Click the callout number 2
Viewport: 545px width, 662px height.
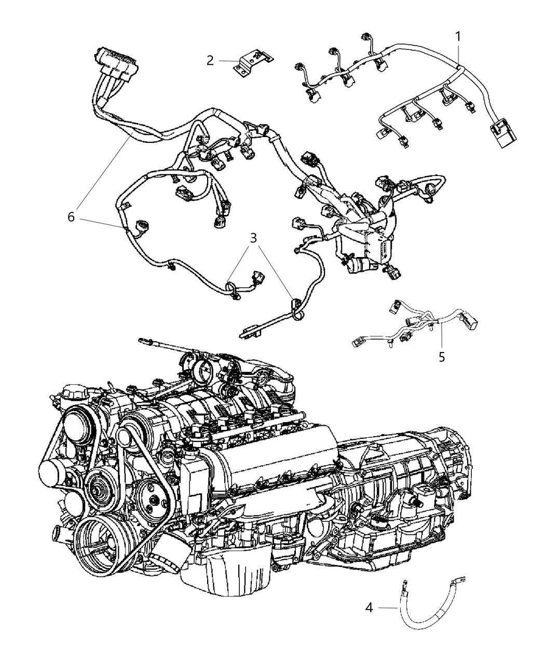coord(210,61)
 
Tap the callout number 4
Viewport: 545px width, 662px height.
coord(369,606)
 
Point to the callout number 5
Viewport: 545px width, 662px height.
coord(442,357)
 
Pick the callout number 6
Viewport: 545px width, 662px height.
coord(71,217)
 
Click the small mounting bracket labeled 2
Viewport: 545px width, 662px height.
coord(252,62)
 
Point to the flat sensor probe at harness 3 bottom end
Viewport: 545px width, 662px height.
coord(249,331)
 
